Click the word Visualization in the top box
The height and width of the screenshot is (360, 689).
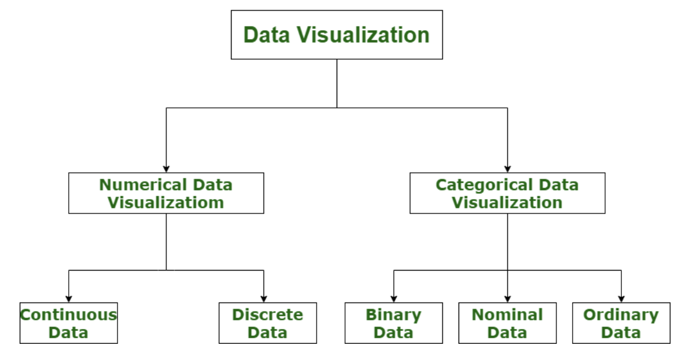point(363,35)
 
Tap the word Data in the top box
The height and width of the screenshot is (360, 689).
point(267,35)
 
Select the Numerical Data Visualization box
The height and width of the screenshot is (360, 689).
point(166,193)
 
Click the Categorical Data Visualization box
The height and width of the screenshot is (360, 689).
point(507,193)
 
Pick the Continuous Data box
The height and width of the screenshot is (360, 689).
point(68,323)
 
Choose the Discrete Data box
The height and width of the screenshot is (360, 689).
point(267,323)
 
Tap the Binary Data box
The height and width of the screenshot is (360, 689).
point(393,323)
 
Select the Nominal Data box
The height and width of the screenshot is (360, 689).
point(507,323)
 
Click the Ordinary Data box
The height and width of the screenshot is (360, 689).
point(621,323)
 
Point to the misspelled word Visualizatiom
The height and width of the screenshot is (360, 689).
point(166,202)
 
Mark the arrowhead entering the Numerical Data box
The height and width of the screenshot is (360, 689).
point(166,168)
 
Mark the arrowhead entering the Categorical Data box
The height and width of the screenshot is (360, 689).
point(507,168)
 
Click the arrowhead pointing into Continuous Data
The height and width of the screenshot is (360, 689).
point(68,299)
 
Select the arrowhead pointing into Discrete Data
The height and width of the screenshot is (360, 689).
point(263,299)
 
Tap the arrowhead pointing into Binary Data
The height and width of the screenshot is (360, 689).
point(393,299)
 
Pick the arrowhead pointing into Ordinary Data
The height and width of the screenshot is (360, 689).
point(621,299)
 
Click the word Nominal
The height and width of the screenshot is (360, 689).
point(507,315)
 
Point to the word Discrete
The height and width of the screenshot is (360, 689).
point(267,315)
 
